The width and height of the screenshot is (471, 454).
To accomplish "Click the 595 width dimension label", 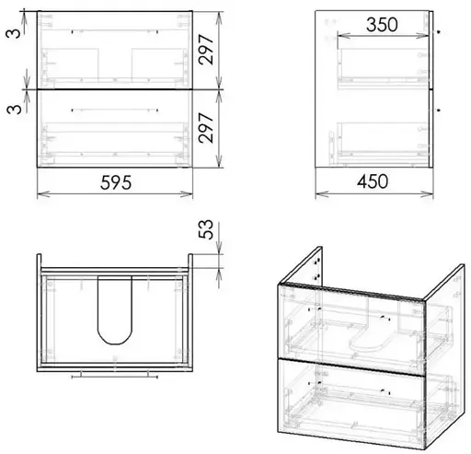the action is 116,182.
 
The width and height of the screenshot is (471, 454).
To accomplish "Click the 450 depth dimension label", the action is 373,181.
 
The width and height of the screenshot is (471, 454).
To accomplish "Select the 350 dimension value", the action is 382,25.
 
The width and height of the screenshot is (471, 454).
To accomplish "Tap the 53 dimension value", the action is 206,229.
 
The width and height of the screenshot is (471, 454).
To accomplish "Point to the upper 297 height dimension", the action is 206,50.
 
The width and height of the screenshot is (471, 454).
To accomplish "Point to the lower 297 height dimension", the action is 206,128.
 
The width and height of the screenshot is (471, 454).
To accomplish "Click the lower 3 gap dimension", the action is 14,109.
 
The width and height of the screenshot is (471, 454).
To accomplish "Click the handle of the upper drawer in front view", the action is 115,31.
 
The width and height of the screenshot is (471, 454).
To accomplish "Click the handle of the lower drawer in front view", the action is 115,110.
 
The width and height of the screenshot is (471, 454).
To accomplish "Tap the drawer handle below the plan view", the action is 115,376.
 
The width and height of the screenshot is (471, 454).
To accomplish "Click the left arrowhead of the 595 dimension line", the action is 43,194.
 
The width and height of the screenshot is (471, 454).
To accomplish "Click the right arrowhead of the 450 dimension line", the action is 427,194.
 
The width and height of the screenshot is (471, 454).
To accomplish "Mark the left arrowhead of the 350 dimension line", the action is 344,36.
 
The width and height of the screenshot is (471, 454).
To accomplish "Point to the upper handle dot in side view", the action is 439,31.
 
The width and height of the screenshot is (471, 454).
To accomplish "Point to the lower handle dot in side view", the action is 439,110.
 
